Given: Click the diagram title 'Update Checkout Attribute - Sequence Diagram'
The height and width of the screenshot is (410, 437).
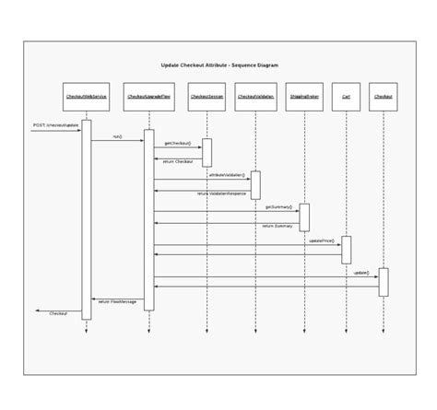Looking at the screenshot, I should pyautogui.click(x=218, y=65).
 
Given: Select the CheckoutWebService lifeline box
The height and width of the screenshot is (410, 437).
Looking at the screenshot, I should pyautogui.click(x=86, y=96).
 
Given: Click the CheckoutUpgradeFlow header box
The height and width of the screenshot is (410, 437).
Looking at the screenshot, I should pyautogui.click(x=148, y=96).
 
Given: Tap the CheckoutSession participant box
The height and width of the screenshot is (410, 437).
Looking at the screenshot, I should pyautogui.click(x=207, y=96).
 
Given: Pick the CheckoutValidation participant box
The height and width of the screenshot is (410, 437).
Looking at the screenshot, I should pyautogui.click(x=255, y=96).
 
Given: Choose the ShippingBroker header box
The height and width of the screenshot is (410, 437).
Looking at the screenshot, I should pyautogui.click(x=304, y=96).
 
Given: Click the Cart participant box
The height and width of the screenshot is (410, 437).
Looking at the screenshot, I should pyautogui.click(x=346, y=96).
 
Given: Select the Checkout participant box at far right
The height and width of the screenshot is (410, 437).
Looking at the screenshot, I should pyautogui.click(x=384, y=96).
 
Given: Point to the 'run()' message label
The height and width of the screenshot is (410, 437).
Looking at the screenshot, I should pyautogui.click(x=117, y=136).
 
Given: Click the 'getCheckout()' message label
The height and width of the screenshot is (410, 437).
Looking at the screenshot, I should pyautogui.click(x=178, y=144).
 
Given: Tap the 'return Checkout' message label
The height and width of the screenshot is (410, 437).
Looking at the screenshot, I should pyautogui.click(x=178, y=161).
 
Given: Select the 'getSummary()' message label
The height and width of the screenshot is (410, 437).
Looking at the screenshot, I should pyautogui.click(x=278, y=207).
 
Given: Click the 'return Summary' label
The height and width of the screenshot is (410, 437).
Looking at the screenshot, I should pyautogui.click(x=277, y=225).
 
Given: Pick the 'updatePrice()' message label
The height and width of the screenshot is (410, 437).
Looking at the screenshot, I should pyautogui.click(x=321, y=240).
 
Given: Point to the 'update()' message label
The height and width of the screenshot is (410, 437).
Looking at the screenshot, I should pyautogui.click(x=360, y=273).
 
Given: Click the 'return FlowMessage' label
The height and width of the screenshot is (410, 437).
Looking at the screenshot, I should pyautogui.click(x=117, y=301).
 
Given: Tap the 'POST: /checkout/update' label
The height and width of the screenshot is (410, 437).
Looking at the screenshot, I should pyautogui.click(x=55, y=124).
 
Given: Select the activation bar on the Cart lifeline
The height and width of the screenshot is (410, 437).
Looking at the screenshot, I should pyautogui.click(x=347, y=250).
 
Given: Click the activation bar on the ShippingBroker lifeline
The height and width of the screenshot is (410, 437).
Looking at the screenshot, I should pyautogui.click(x=304, y=217).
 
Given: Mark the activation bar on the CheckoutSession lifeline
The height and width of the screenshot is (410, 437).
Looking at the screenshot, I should pyautogui.click(x=207, y=153).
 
